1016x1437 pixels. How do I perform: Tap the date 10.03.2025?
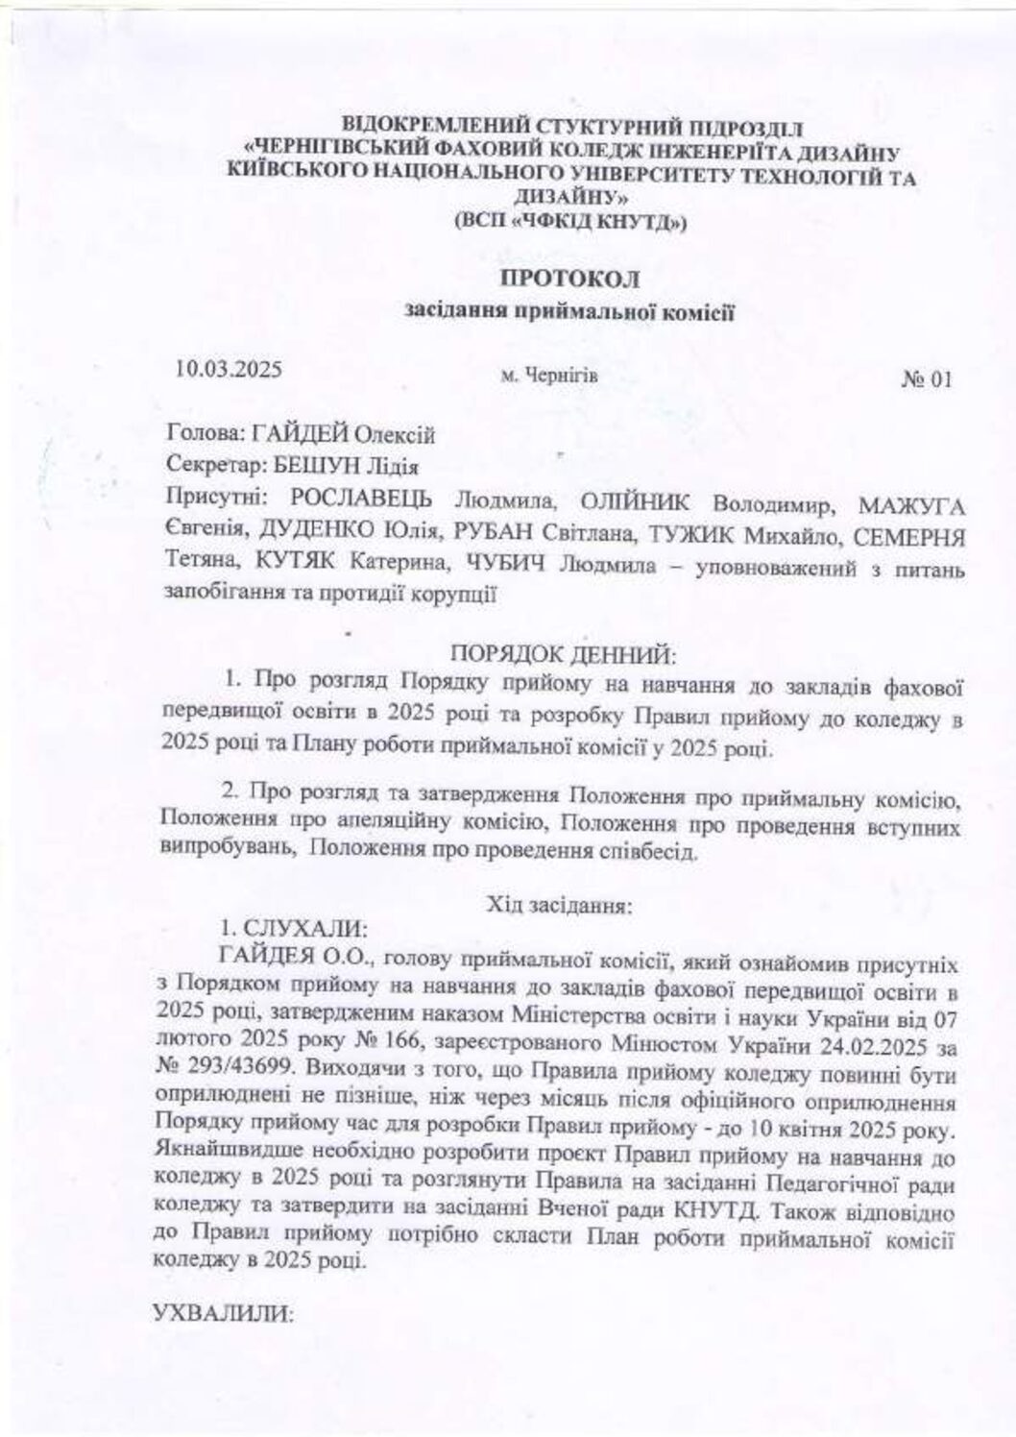[x=229, y=369]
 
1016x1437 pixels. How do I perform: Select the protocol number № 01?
[x=926, y=379]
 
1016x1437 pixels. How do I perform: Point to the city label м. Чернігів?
[x=549, y=376]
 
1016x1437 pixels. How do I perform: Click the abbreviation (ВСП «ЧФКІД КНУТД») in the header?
[x=570, y=223]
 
